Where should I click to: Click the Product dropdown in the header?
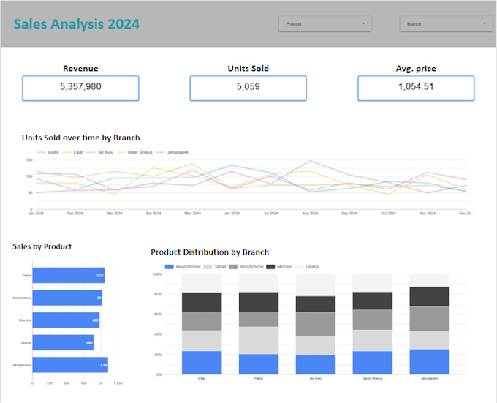325,24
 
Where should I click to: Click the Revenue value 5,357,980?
80,87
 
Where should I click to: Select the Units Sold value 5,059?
248,87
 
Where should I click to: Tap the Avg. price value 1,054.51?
416,87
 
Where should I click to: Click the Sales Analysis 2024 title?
77,23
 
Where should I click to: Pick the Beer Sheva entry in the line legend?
138,152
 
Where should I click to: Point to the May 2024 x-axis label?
192,214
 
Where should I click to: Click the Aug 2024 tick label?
310,214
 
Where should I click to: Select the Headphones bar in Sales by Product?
70,365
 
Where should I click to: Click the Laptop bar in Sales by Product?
63,342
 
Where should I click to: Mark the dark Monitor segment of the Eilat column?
201,302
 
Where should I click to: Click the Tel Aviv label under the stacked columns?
316,379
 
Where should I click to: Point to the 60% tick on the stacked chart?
157,315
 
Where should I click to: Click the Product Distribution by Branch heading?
210,252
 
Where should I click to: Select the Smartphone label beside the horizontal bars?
22,298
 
